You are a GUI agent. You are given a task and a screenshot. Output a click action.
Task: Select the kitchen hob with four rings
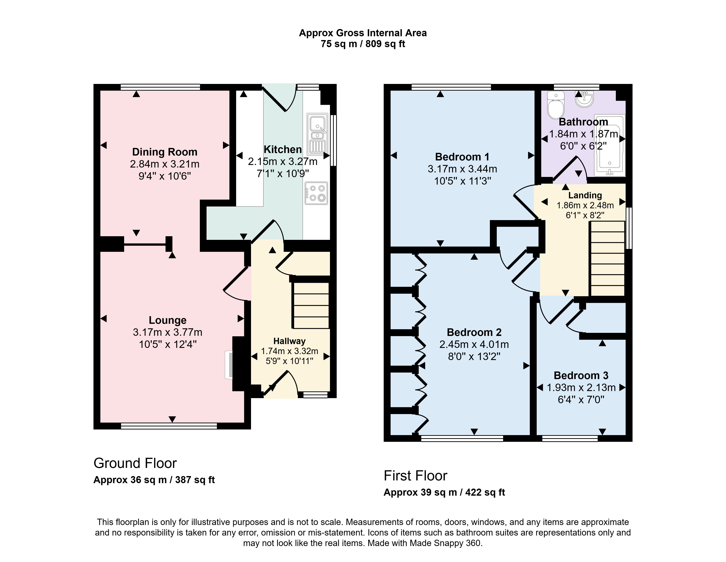[317, 193]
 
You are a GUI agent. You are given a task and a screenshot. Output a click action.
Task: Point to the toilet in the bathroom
[556, 105]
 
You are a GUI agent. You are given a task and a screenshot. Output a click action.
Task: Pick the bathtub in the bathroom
[609, 145]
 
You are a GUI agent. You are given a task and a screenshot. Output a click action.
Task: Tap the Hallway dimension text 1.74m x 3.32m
[289, 351]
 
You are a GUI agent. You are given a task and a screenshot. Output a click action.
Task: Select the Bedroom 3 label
[581, 375]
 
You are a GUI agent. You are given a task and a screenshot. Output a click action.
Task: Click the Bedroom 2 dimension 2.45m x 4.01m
[474, 344]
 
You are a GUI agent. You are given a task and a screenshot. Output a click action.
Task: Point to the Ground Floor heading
[135, 463]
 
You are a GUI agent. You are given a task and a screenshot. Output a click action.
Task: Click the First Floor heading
[415, 476]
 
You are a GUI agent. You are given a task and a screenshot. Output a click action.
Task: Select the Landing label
[585, 195]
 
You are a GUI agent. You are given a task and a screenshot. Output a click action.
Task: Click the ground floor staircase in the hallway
[311, 305]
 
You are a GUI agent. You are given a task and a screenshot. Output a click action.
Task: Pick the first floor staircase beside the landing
[607, 258]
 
